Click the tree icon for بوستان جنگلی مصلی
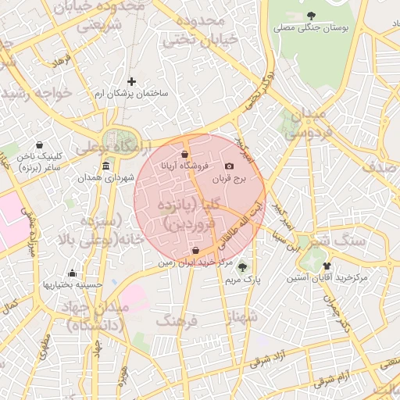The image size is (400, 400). (x=312, y=16)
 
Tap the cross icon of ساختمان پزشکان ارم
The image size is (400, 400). (x=131, y=80)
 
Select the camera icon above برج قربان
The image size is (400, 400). (x=229, y=166)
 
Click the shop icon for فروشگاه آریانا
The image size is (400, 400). (x=184, y=154)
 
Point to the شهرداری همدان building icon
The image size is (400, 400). (x=106, y=165)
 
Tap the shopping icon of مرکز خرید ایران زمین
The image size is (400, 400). (x=195, y=251)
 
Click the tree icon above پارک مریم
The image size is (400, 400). (x=241, y=266)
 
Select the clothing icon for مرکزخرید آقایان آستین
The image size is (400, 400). (x=327, y=266)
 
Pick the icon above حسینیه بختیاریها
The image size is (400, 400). (x=73, y=273)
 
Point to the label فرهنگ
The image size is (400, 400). (x=174, y=320)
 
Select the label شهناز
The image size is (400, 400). (x=241, y=316)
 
